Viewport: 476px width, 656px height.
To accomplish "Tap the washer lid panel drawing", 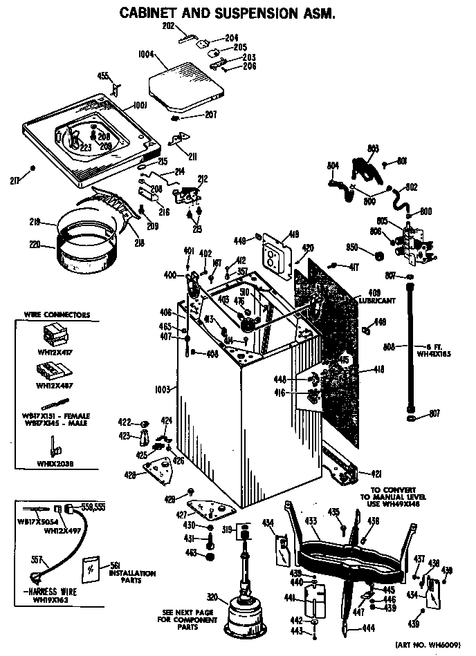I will tap(188, 84).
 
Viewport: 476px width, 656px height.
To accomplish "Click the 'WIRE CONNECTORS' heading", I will tap(57, 315).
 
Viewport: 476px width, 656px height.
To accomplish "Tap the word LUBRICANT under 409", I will tap(377, 301).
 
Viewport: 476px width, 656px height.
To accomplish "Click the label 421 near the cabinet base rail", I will tap(376, 474).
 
